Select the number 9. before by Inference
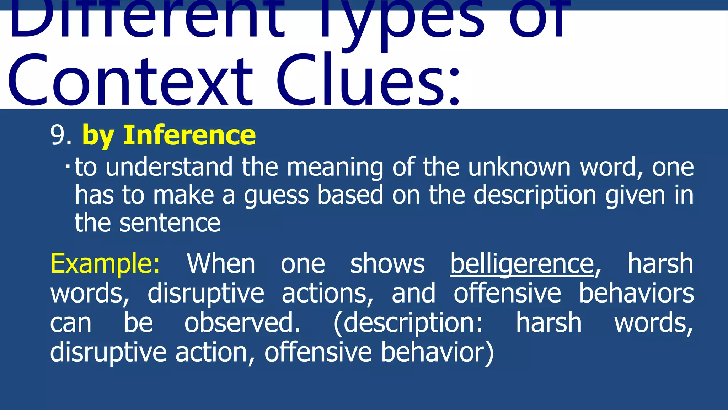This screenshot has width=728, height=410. (x=61, y=135)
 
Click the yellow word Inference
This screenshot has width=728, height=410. (x=189, y=135)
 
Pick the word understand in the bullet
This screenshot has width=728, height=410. (x=169, y=167)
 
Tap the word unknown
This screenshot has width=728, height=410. (x=519, y=167)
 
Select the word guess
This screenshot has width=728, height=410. (x=276, y=195)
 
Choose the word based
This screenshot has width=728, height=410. (x=350, y=195)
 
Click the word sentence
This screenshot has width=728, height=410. (x=170, y=223)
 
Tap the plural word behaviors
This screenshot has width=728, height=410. (x=636, y=293)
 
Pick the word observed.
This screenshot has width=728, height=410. (x=242, y=323)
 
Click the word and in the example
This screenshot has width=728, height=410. (x=413, y=293)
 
